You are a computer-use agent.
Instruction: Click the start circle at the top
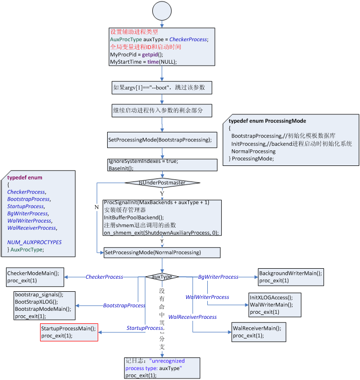[162, 11]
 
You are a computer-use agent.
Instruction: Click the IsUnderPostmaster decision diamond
[162, 182]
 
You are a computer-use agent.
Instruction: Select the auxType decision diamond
[162, 277]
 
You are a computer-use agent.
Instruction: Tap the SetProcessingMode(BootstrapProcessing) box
[162, 139]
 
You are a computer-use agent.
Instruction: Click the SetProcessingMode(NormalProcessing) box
[162, 252]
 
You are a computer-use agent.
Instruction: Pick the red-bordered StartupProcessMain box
[69, 332]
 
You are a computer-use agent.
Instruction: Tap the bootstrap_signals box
[44, 305]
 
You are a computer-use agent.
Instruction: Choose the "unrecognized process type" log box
[162, 368]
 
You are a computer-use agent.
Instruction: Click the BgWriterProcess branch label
[218, 277]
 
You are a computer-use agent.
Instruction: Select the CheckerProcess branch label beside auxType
[104, 277]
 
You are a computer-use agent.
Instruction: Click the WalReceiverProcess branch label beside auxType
[192, 317]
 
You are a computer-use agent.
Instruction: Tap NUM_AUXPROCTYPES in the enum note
[35, 242]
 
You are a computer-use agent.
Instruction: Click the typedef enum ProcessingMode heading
[267, 121]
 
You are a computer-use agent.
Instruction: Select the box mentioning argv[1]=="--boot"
[162, 88]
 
